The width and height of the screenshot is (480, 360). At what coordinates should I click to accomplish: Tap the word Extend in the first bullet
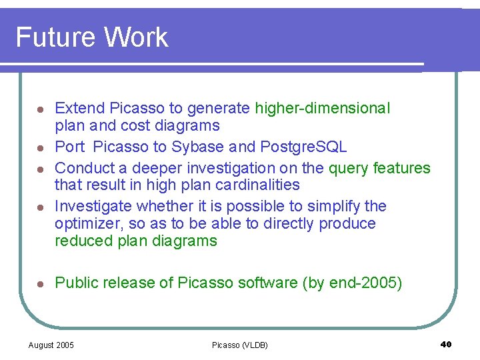[79, 108]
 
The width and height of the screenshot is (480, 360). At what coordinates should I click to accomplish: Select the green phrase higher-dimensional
[323, 108]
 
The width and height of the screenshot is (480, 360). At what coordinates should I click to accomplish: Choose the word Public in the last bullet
[75, 283]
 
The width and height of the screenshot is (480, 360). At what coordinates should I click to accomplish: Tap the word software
[265, 283]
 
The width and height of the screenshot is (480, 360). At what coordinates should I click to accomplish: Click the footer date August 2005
[51, 345]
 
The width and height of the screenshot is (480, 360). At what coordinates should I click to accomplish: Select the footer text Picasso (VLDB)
[239, 345]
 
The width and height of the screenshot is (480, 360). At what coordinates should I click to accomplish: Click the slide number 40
[446, 344]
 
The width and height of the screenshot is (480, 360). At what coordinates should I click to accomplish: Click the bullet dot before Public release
[40, 284]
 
